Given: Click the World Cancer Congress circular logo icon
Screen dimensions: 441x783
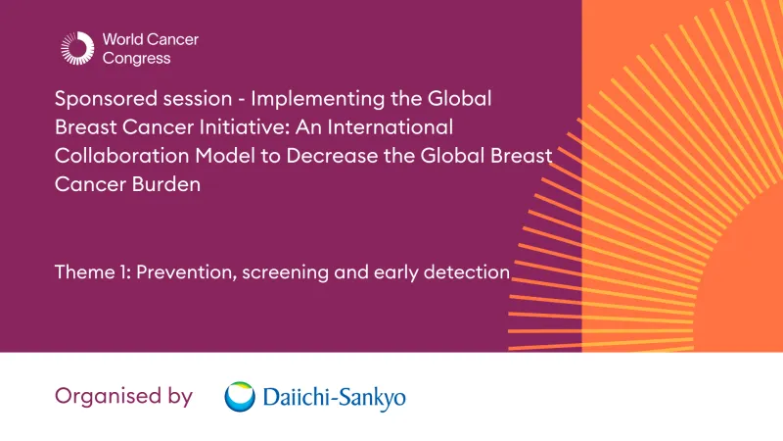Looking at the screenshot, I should pyautogui.click(x=76, y=49).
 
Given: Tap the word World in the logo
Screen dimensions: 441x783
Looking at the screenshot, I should pyautogui.click(x=123, y=40).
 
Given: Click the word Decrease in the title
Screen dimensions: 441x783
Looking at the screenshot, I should pyautogui.click(x=330, y=156).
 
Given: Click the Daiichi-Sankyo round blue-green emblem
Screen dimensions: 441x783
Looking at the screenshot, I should pyautogui.click(x=240, y=397).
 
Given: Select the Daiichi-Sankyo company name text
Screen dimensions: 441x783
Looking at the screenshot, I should pyautogui.click(x=334, y=398).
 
